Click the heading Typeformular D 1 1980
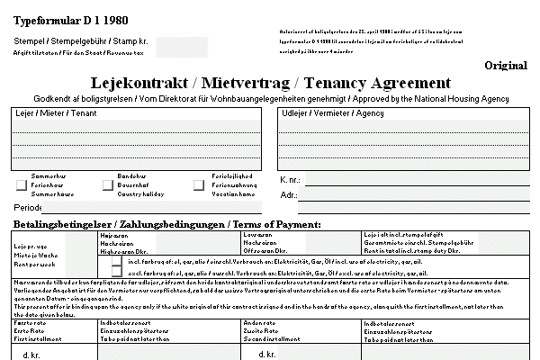click(x=60, y=19)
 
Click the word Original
click(x=505, y=66)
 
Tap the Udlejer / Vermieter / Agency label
click(x=320, y=114)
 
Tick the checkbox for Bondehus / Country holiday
click(x=109, y=185)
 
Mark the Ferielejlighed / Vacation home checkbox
click(x=199, y=185)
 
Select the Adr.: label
click(x=289, y=194)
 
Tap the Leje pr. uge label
click(x=30, y=246)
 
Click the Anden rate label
click(x=259, y=321)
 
